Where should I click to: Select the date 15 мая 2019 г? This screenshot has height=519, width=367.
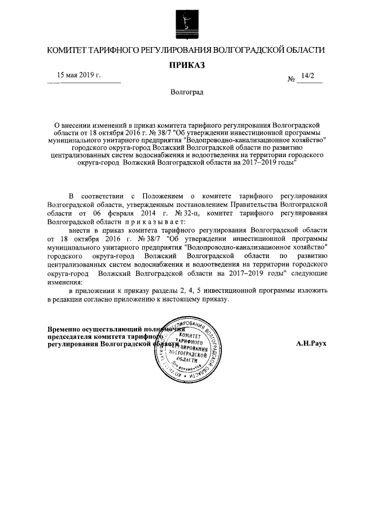79,75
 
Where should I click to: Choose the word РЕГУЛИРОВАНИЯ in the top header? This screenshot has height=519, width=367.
169,50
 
